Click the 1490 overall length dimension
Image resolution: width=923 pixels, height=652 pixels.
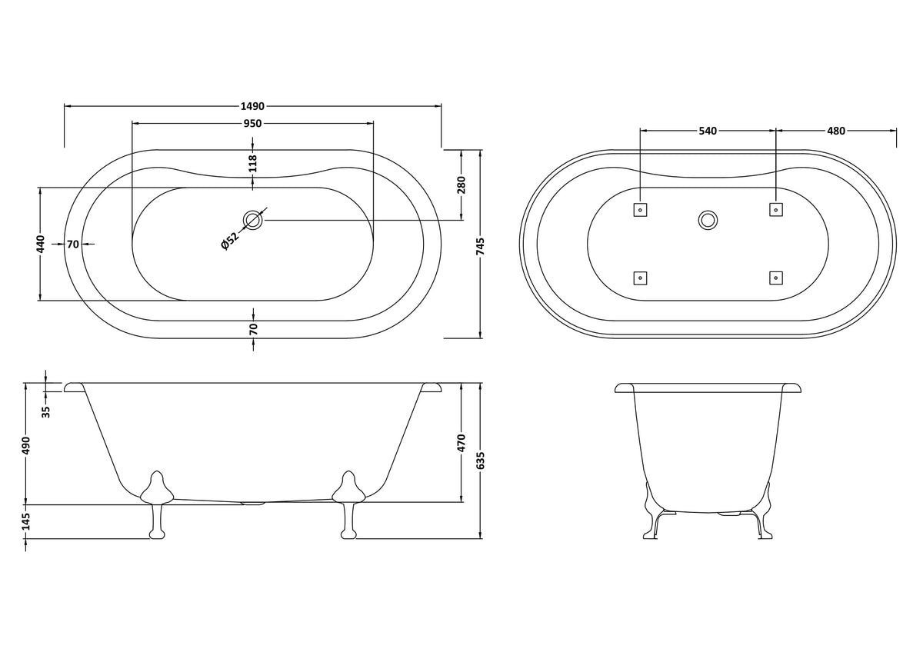252,106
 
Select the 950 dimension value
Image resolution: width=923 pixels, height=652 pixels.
252,123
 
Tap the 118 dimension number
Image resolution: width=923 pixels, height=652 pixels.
253,164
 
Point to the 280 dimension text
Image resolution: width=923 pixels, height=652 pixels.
461,185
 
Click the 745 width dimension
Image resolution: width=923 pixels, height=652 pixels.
481,246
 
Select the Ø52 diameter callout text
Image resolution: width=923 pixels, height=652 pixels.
230,241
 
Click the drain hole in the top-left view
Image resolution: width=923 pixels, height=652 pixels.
253,220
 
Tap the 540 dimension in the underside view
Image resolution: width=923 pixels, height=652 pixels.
708,131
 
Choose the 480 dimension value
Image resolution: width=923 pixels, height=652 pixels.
836,131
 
